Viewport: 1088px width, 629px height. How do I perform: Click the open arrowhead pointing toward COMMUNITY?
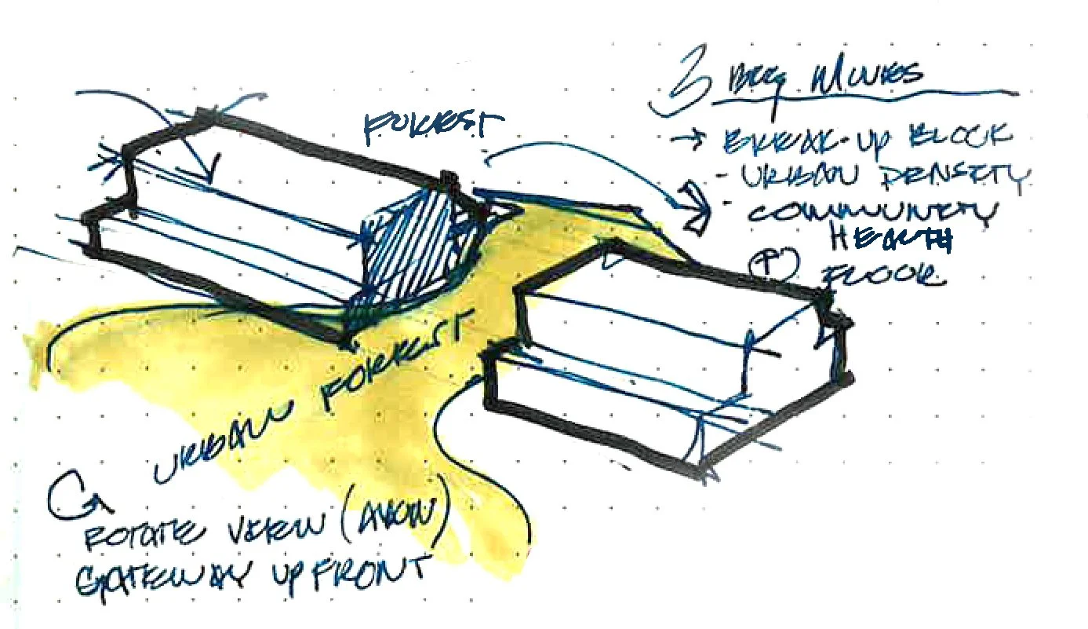695,208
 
